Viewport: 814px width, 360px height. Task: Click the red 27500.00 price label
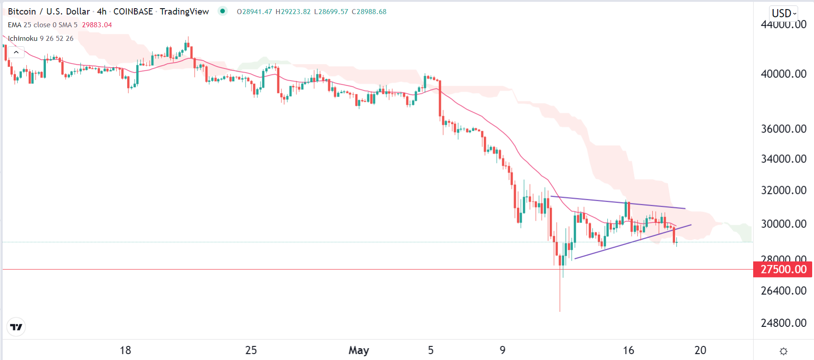pos(783,269)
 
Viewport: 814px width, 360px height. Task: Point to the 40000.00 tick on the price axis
pos(783,74)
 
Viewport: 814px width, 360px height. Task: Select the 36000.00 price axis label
pos(783,129)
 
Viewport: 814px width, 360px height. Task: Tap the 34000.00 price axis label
pos(783,159)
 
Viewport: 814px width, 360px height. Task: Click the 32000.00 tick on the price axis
pos(783,190)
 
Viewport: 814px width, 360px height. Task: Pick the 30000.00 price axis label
pos(783,224)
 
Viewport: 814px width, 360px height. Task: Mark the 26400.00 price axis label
pos(783,291)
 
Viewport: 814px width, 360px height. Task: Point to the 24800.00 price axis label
pos(783,323)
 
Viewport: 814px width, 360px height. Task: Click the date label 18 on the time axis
pos(125,350)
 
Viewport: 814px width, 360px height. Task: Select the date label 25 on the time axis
pos(251,350)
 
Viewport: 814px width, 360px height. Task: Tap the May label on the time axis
pos(359,350)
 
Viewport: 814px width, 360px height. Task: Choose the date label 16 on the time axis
pos(628,350)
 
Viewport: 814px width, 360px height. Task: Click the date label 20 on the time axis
pos(700,350)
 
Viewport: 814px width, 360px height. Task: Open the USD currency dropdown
pos(784,13)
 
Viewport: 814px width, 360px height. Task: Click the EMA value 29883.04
pos(97,25)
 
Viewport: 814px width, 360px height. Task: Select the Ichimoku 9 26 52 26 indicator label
pos(40,39)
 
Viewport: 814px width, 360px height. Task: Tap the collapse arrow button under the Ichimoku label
pos(16,53)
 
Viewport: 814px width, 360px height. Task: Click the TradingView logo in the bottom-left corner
pos(16,327)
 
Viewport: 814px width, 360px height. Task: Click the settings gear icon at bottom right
pos(783,351)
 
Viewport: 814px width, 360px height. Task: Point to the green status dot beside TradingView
pos(222,11)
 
